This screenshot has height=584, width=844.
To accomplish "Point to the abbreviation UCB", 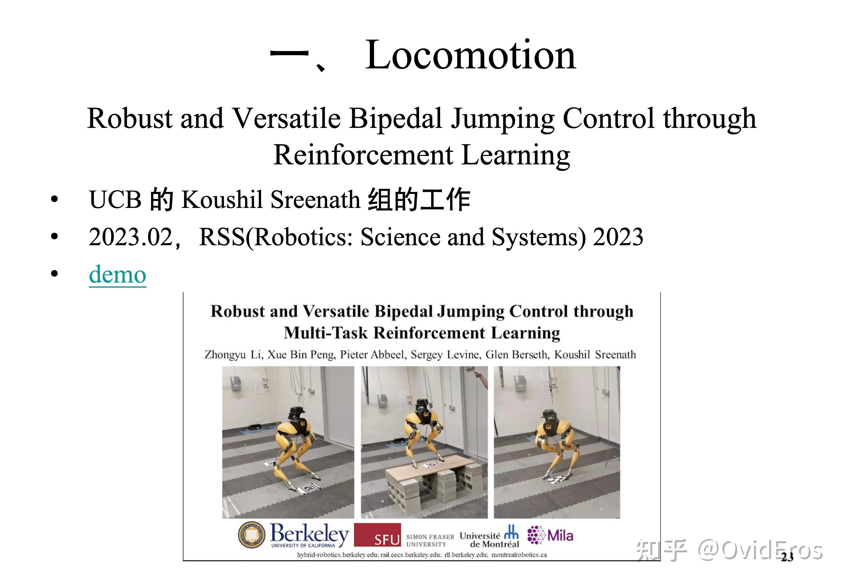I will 115,200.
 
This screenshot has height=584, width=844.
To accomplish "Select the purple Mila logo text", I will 560,535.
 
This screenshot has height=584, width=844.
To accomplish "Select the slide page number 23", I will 787,557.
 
